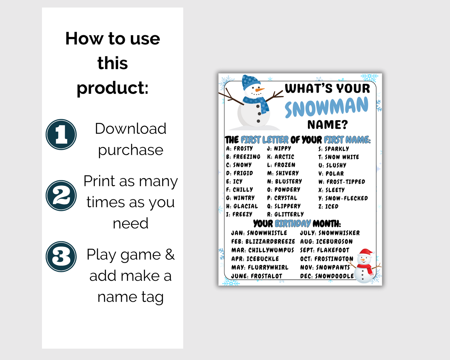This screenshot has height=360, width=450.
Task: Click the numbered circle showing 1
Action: point(61,135)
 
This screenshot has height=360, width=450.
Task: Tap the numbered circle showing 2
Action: point(61,196)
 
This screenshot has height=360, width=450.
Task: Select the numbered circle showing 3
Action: point(61,257)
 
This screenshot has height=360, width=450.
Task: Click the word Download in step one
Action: point(130,128)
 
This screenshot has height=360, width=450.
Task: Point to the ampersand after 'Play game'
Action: point(170,254)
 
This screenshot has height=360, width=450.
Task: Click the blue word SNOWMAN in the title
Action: point(327,107)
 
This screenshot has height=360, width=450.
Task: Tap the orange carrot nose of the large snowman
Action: point(260,90)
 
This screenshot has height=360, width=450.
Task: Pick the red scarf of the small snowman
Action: point(366,268)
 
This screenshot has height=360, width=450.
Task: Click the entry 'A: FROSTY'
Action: point(239,149)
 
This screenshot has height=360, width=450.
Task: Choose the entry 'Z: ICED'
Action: point(328,206)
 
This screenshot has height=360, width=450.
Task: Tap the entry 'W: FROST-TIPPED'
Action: point(342,182)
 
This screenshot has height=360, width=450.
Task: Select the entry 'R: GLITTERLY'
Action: point(286,214)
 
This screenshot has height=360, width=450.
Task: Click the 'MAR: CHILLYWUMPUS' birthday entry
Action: point(263,250)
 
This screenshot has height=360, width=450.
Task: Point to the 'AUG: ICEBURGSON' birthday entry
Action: point(326,242)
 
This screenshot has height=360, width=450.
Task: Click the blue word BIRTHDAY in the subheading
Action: point(293,224)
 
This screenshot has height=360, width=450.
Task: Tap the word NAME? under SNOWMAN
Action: point(328,125)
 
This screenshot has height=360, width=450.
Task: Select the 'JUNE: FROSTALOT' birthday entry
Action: point(257,276)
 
